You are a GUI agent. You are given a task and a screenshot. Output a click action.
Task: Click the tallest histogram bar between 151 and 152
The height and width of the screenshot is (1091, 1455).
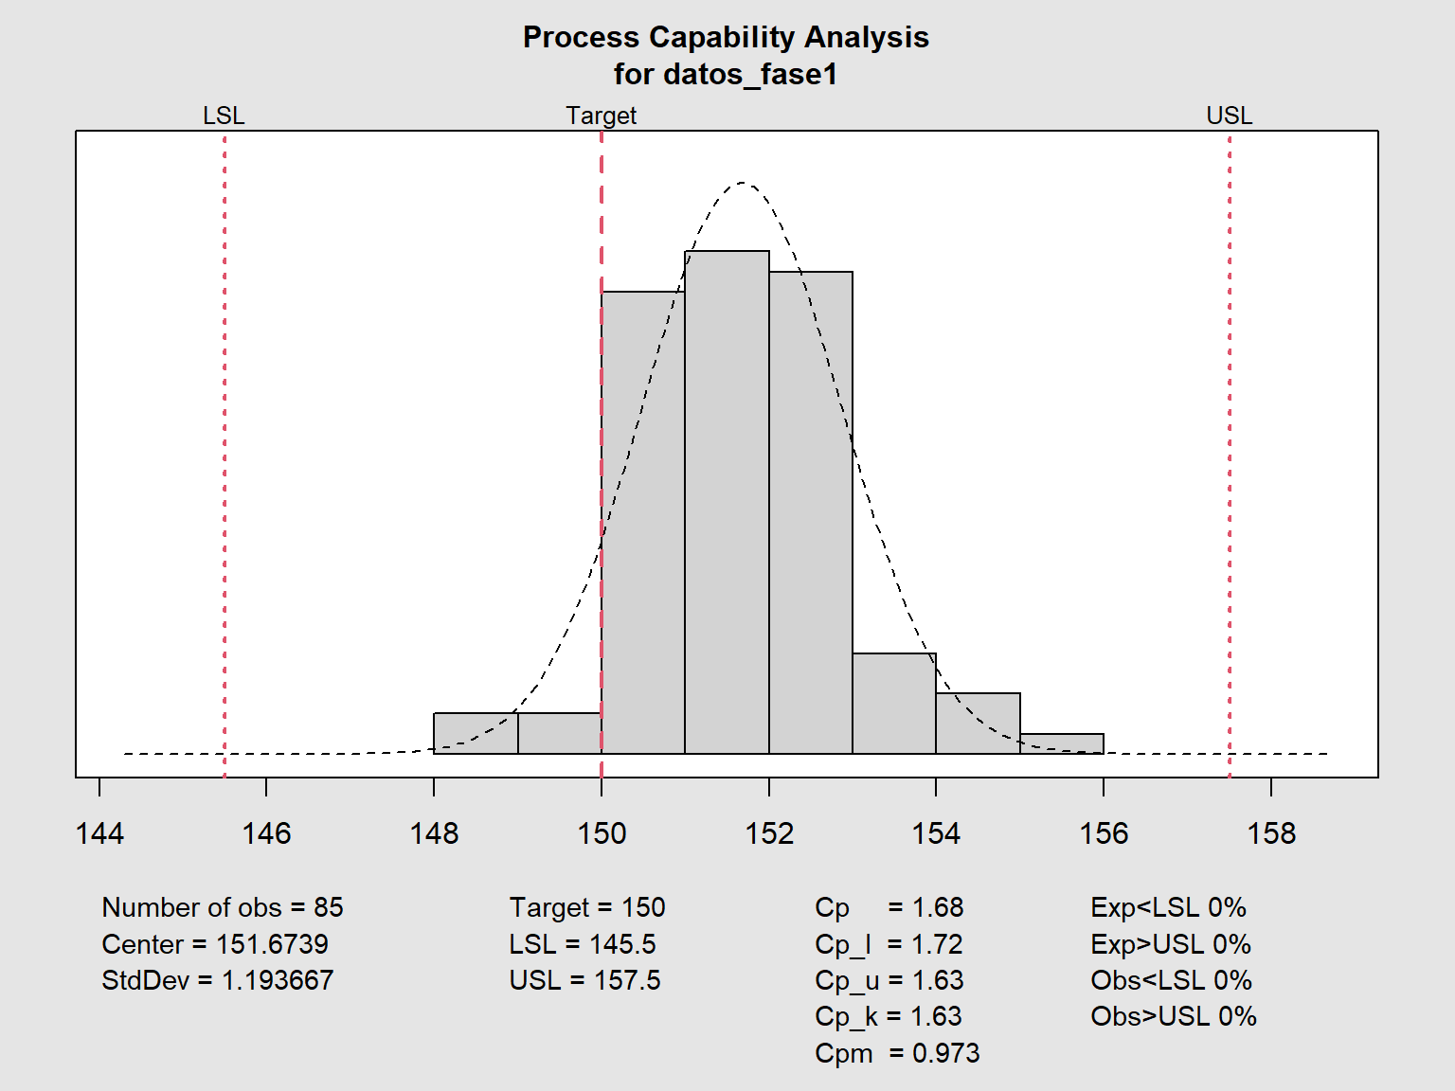point(727,502)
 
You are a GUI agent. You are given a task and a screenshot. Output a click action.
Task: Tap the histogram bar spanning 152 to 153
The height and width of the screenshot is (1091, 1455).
point(811,512)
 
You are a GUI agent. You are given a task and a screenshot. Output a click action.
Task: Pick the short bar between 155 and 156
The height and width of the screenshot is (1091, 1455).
point(1062,743)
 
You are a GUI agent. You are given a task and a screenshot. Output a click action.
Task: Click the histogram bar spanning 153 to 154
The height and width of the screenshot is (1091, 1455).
point(894,704)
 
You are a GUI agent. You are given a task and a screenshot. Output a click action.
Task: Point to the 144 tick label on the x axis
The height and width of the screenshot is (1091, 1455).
point(99,833)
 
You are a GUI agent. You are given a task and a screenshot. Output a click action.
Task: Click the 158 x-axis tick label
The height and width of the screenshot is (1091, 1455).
point(1271,833)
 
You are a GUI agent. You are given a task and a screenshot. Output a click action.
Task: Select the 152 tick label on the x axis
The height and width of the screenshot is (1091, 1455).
point(769,833)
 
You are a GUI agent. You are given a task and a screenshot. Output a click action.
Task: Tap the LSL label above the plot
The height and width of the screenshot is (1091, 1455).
point(224,116)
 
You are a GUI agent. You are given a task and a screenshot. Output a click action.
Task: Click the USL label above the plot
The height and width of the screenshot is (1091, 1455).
point(1229,116)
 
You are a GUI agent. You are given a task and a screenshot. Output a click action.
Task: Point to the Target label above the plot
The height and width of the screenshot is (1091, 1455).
point(602,116)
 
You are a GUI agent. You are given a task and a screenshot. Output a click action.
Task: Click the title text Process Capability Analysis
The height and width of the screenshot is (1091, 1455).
point(726,37)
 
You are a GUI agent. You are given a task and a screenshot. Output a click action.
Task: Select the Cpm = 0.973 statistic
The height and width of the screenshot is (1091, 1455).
point(897,1053)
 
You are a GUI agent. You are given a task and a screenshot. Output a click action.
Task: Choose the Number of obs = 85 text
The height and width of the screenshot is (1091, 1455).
point(223,907)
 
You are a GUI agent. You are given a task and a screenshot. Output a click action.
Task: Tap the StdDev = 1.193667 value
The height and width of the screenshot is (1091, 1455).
point(218,980)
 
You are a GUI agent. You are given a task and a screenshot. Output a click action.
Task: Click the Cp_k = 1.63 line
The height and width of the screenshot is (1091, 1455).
point(889,1016)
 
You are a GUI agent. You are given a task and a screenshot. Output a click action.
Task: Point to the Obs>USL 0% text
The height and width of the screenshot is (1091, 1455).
point(1174,1016)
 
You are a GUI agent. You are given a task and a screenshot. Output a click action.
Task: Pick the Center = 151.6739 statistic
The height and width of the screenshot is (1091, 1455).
point(215,944)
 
